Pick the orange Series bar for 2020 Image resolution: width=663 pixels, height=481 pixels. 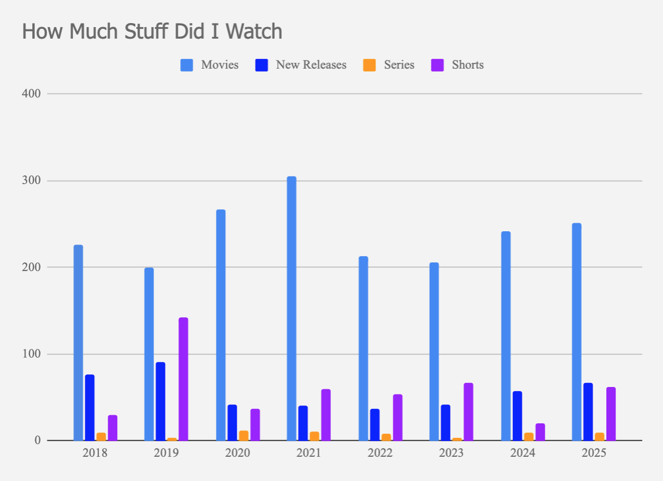click(x=244, y=435)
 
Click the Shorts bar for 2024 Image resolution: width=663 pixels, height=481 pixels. click(x=540, y=432)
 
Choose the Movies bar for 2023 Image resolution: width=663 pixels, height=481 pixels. click(x=434, y=352)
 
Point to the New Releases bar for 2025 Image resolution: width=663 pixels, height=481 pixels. click(x=588, y=412)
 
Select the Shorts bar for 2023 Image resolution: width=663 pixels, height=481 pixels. click(x=468, y=412)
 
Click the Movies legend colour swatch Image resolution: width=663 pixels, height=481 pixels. click(x=187, y=65)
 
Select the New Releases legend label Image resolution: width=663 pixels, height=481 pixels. click(x=311, y=65)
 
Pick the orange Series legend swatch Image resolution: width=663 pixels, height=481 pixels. click(x=370, y=65)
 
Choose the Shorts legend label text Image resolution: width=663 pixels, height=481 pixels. click(x=468, y=65)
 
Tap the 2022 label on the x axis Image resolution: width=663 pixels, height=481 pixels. click(x=380, y=453)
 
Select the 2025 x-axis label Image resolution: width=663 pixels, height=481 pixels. click(x=594, y=453)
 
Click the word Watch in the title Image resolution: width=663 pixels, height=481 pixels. click(x=252, y=31)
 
